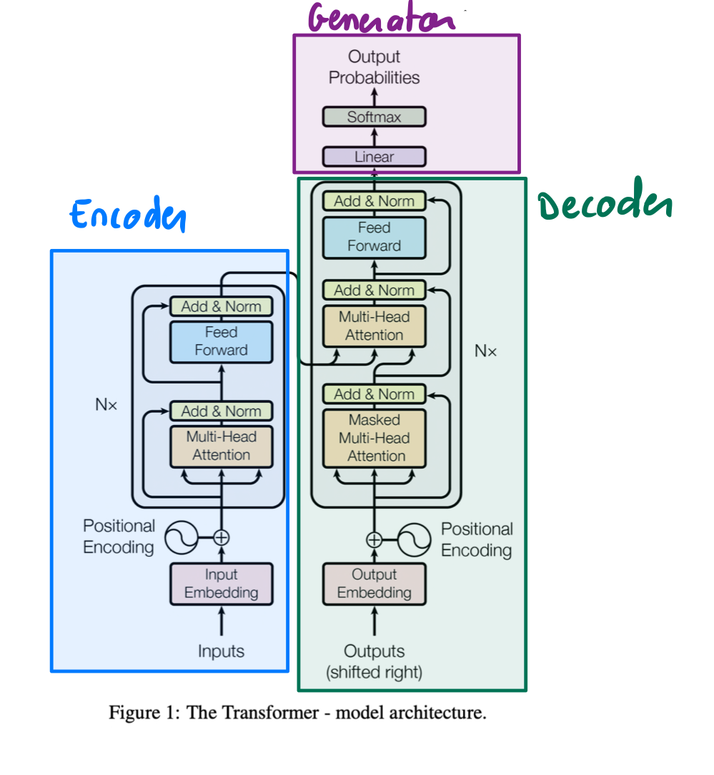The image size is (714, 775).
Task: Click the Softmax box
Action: [374, 117]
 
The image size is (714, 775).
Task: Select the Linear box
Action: [374, 157]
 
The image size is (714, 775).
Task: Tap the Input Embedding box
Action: [221, 584]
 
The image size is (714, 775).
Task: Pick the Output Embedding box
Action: [374, 584]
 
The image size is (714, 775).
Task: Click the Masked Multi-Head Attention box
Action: [374, 438]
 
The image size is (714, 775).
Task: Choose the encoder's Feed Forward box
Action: [221, 341]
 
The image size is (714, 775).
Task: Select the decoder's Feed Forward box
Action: [374, 237]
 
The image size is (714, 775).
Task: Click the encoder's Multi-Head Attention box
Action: [221, 446]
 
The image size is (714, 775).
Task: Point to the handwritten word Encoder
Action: [128, 214]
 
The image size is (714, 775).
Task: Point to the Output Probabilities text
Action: [374, 67]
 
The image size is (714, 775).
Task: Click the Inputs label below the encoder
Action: [221, 651]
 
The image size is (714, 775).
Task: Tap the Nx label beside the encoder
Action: [106, 404]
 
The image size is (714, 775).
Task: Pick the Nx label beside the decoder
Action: [485, 351]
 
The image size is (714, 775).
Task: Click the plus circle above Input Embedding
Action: [222, 536]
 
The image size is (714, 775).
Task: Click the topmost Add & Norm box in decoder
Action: [374, 201]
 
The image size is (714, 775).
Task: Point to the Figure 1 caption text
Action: [297, 713]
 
